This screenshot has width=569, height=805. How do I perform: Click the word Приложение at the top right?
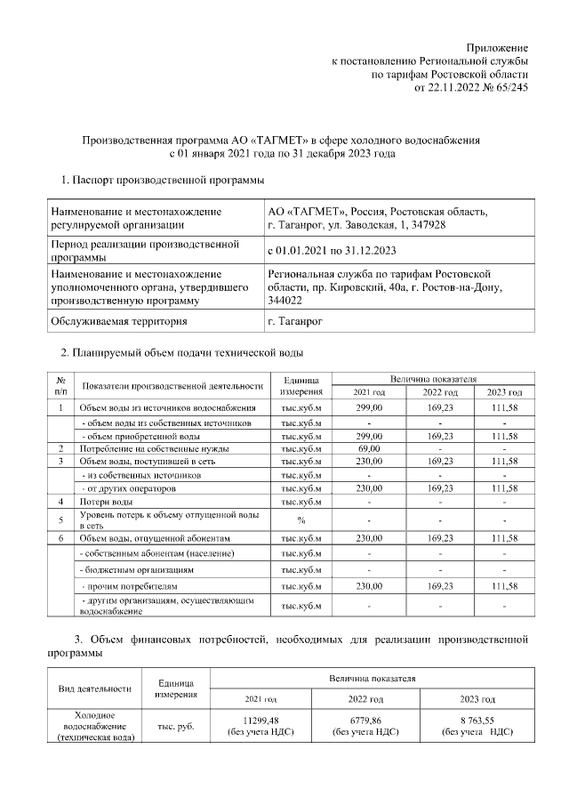pyautogui.click(x=499, y=46)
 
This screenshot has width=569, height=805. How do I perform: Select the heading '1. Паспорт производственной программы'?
pyautogui.click(x=163, y=181)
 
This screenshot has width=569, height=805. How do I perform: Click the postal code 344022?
pyautogui.click(x=285, y=301)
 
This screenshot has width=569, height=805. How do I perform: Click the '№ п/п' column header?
pyautogui.click(x=60, y=385)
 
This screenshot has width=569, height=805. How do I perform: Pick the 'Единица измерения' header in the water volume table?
pyautogui.click(x=300, y=385)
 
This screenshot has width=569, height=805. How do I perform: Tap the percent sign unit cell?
pyautogui.click(x=301, y=519)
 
